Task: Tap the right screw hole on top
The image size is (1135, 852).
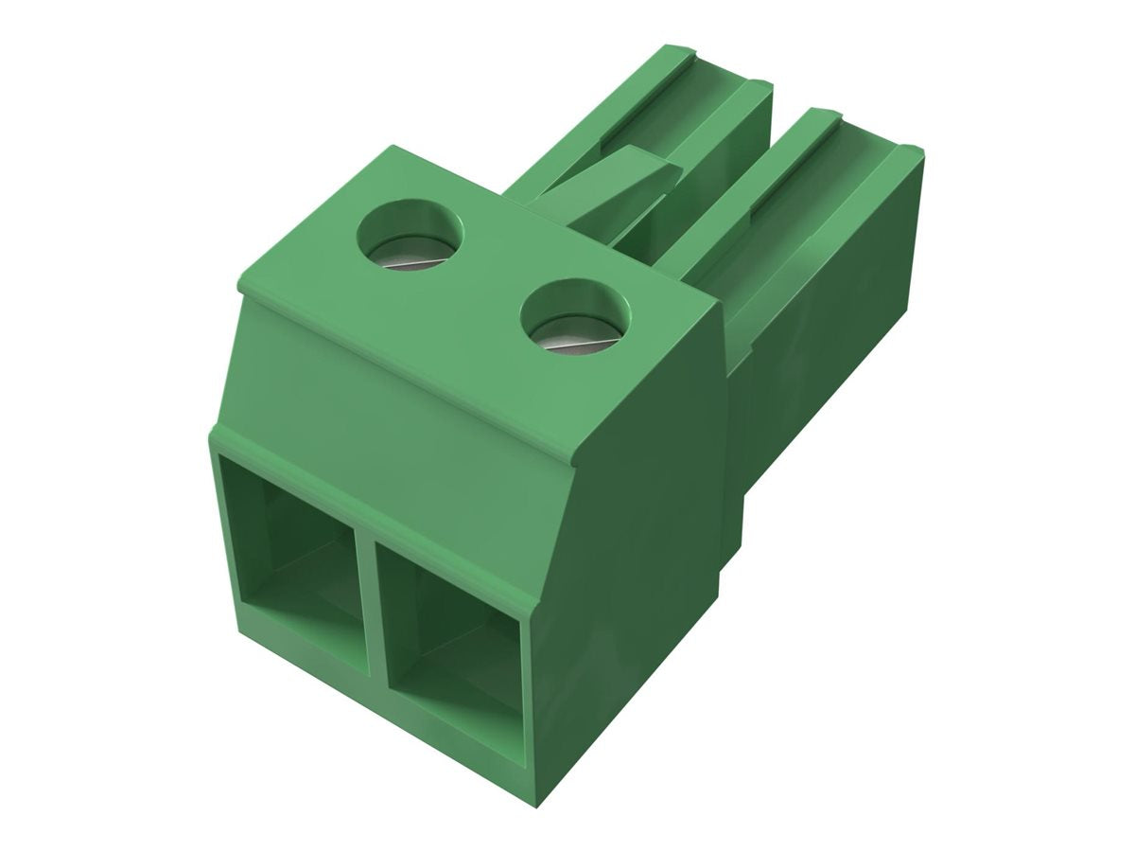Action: tap(575, 319)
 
